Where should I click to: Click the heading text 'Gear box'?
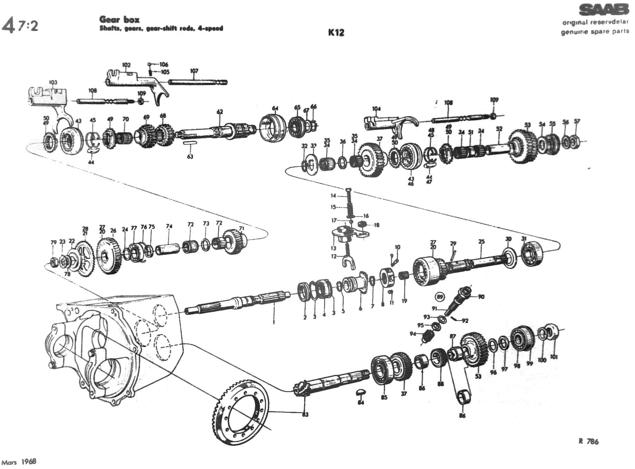[x=119, y=19]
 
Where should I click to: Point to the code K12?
[x=336, y=32]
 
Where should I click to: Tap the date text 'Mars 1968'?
[x=19, y=462]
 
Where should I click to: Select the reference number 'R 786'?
[x=588, y=441]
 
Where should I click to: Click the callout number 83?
[x=305, y=415]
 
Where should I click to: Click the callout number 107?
[x=194, y=71]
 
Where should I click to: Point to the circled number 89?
[x=440, y=297]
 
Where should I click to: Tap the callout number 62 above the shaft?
[x=220, y=112]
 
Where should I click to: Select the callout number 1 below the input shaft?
[x=274, y=322]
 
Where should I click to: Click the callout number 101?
[x=554, y=357]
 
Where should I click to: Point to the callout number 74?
[x=169, y=227]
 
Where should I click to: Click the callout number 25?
[x=481, y=242]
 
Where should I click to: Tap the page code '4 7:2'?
[x=20, y=26]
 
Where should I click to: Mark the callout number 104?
[x=376, y=109]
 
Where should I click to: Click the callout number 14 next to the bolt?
[x=333, y=196]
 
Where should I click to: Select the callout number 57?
[x=577, y=121]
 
